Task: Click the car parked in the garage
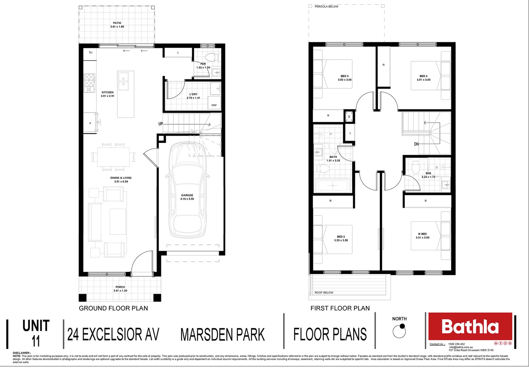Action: click(187, 194)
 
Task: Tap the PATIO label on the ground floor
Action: click(117, 23)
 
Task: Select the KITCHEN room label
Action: click(107, 92)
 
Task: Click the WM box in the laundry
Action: click(214, 105)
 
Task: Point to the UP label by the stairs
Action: click(161, 124)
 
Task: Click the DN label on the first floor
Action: click(416, 144)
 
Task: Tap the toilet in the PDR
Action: click(210, 57)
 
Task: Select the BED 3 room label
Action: click(344, 76)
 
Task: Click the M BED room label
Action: click(422, 234)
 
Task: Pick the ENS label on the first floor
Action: click(428, 173)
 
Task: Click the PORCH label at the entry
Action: click(120, 287)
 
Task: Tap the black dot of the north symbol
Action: click(402, 326)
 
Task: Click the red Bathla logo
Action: click(470, 327)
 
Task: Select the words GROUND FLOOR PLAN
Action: click(113, 308)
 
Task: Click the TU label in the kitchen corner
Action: click(90, 53)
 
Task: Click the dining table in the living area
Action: click(113, 157)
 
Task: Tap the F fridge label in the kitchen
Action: click(90, 123)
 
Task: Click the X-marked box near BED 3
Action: click(349, 117)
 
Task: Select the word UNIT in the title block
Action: click(36, 326)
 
